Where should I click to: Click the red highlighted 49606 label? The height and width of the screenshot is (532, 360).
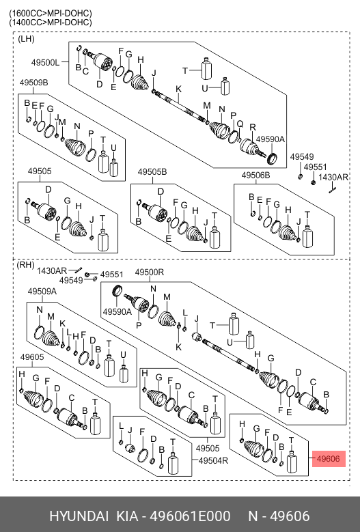click(328, 459)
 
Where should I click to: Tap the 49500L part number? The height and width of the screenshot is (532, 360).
click(45, 62)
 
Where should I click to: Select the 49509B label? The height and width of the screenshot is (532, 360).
click(33, 83)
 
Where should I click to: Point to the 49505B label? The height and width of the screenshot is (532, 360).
click(152, 172)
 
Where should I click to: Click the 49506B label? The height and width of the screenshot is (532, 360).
click(256, 175)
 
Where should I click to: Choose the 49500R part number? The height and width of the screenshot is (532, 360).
click(150, 272)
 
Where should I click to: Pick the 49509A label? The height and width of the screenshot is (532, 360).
click(42, 291)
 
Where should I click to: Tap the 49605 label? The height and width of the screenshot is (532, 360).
click(32, 357)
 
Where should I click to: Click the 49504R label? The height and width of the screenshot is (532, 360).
click(213, 461)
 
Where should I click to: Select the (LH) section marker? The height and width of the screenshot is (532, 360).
click(26, 39)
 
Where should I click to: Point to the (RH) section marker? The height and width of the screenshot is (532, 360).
click(25, 264)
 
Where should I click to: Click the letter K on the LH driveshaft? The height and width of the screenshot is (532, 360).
click(178, 89)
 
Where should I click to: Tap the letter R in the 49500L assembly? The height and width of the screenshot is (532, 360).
click(253, 127)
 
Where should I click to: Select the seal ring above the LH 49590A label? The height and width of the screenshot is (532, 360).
click(272, 158)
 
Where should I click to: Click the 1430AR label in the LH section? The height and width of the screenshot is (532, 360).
click(333, 177)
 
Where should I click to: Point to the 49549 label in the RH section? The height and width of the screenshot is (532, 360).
click(71, 280)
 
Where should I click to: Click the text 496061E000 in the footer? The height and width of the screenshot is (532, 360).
click(190, 516)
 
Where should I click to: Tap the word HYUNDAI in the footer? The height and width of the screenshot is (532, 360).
click(79, 516)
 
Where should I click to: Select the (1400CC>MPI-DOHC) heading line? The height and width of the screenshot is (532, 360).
click(51, 23)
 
